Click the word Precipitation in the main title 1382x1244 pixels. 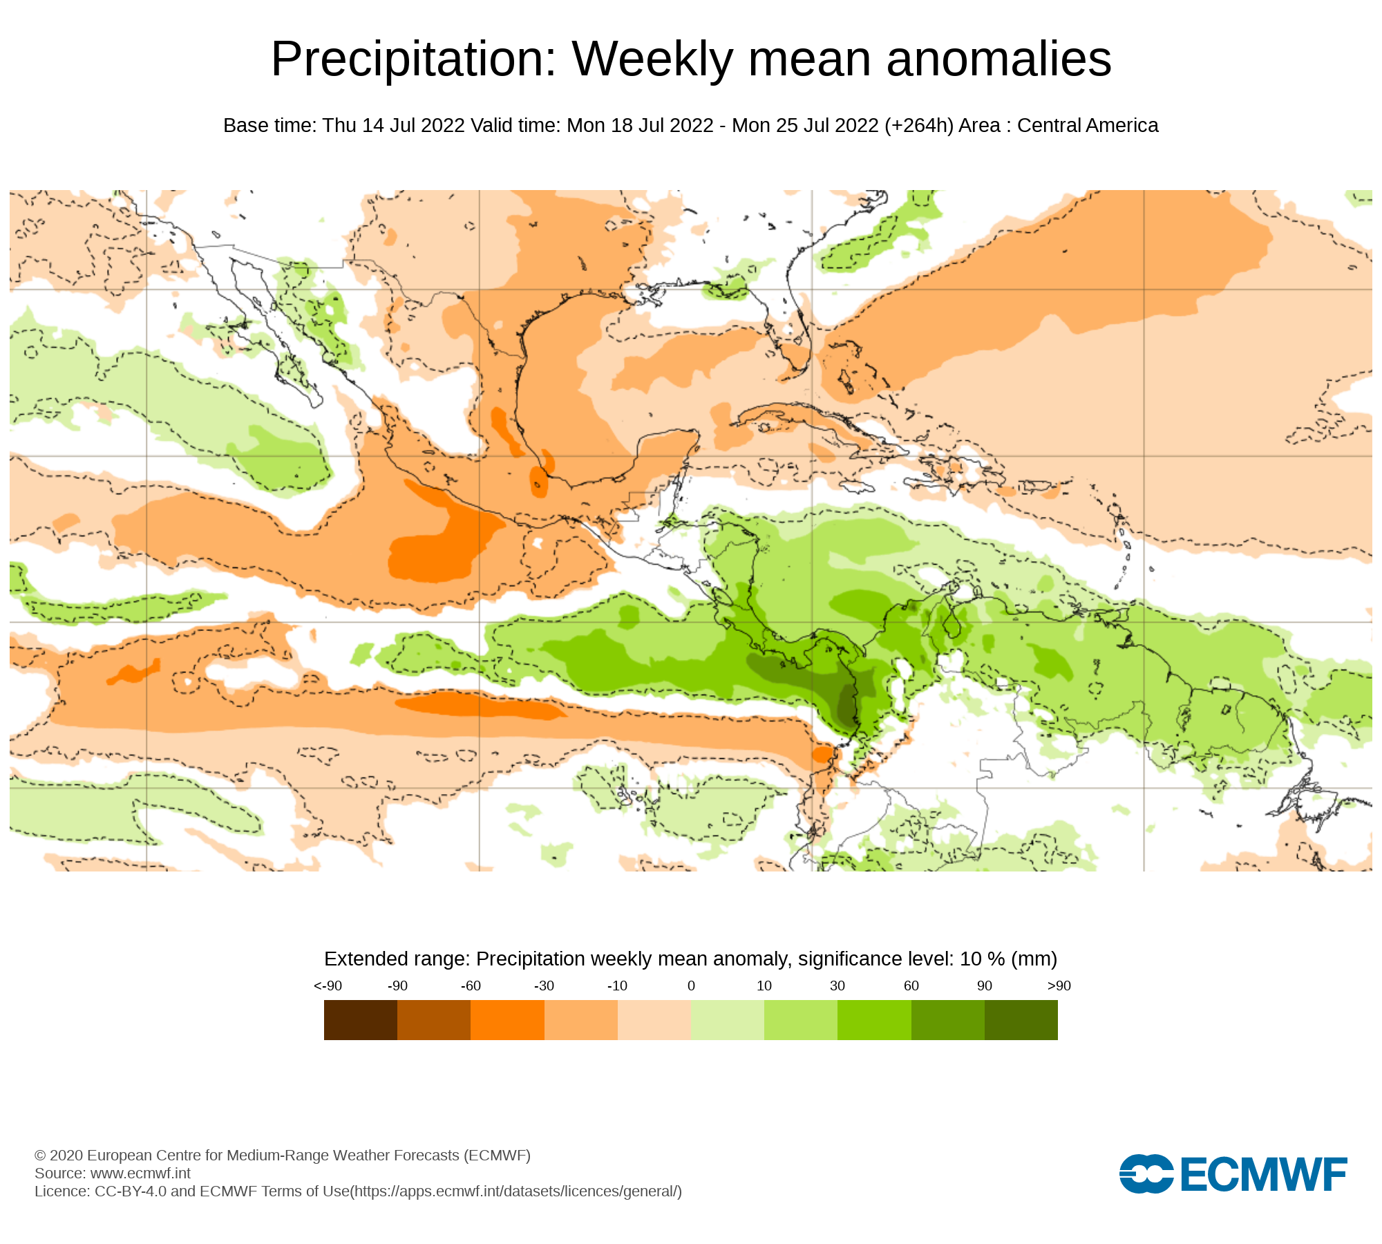413,59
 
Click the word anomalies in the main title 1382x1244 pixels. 998,59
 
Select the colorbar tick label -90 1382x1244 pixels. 397,986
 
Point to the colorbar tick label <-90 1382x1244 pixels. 328,986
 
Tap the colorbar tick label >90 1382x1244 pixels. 1059,986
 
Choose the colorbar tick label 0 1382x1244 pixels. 691,986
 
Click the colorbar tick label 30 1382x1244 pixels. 837,986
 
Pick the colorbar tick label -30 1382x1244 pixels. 544,986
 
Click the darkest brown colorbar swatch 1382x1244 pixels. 361,1019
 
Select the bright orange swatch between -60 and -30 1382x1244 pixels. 507,1019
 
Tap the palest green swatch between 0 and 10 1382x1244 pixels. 728,1019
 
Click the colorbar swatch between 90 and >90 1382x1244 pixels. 1021,1019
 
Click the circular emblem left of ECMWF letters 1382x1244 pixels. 1146,1174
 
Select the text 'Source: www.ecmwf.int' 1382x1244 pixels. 113,1173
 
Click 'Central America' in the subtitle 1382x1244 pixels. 1088,126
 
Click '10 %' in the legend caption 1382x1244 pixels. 982,959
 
